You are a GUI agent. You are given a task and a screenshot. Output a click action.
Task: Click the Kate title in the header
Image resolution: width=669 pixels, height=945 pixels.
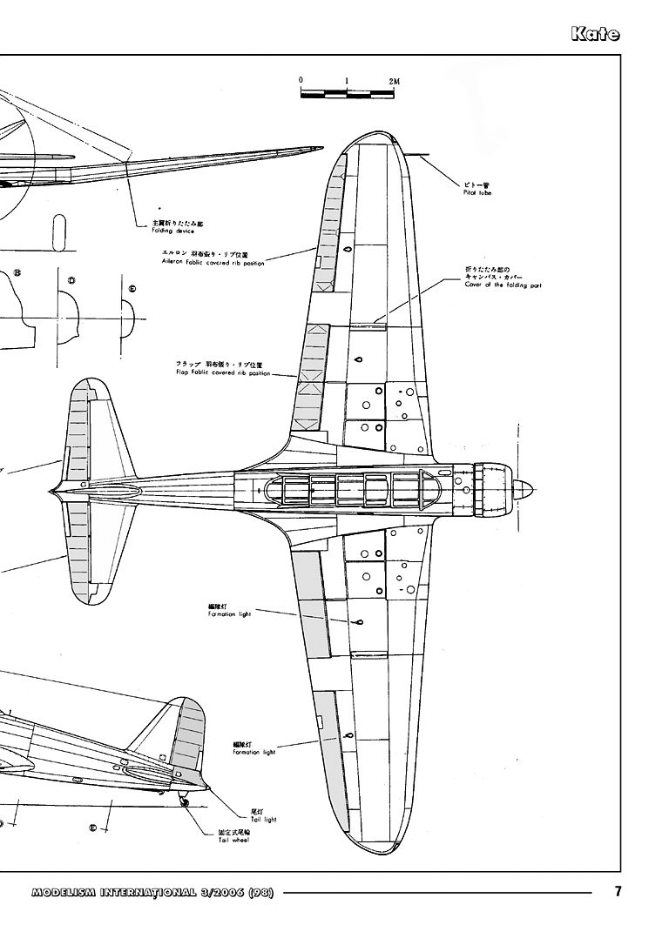[596, 35]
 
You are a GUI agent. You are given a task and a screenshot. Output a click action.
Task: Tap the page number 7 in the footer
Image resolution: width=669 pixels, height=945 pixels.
[618, 891]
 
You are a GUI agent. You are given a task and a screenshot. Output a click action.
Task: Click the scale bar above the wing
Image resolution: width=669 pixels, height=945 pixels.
[347, 91]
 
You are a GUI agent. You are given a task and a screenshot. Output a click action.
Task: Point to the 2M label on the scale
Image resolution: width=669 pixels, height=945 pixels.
[395, 80]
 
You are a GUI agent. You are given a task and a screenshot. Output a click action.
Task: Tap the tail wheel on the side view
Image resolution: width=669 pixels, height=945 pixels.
[185, 803]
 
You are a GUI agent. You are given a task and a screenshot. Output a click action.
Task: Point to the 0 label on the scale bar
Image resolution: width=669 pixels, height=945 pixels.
[301, 80]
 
